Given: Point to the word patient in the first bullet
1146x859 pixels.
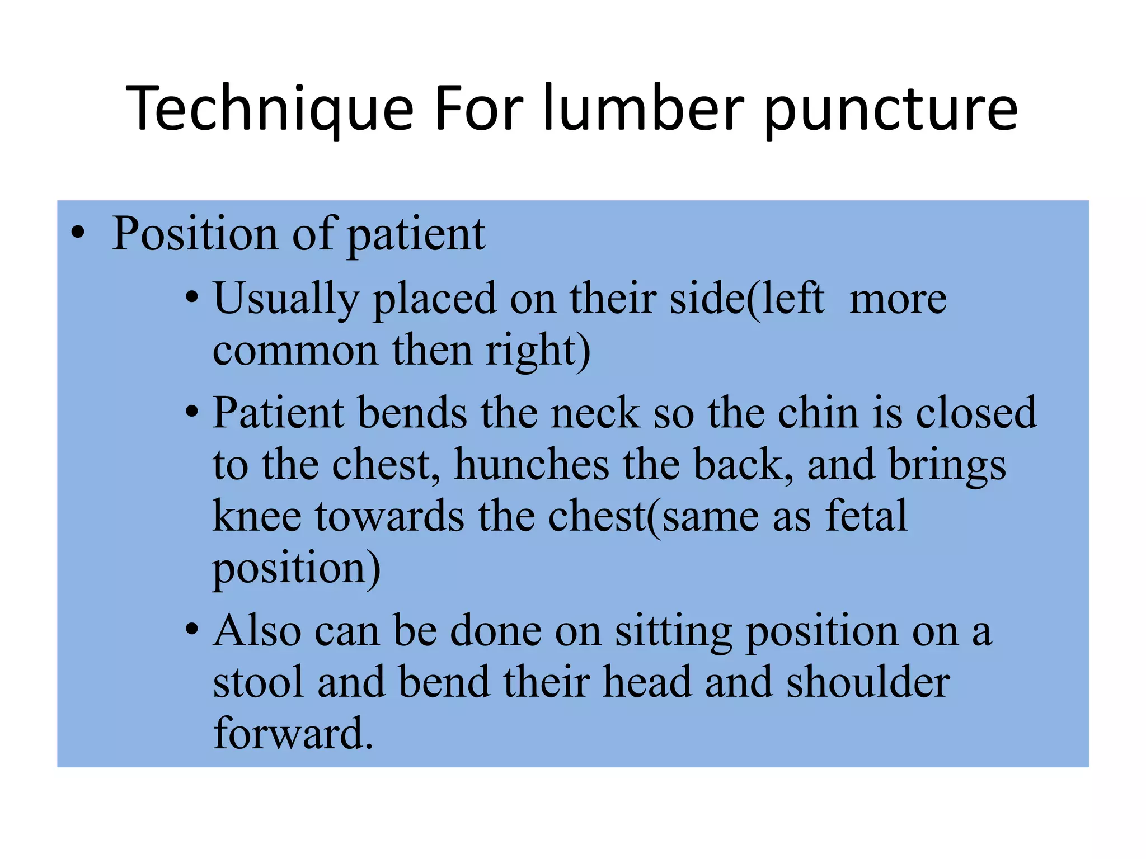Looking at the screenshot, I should (x=416, y=235).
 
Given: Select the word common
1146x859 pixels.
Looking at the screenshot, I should (x=295, y=351).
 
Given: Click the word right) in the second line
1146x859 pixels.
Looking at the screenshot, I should (x=538, y=351).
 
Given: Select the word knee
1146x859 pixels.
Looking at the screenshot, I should (x=257, y=516).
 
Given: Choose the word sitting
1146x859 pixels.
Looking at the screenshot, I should (x=673, y=632).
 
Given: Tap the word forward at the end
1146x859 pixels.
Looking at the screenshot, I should (x=293, y=734).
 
